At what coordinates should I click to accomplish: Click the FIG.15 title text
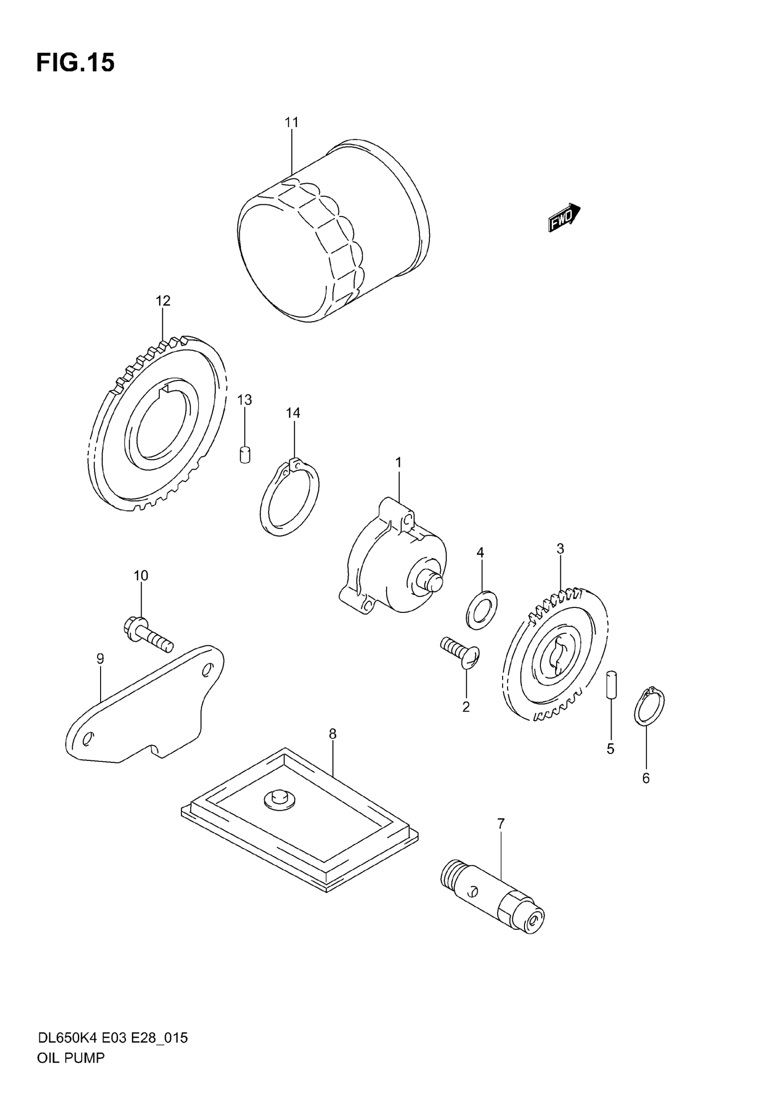tap(75, 62)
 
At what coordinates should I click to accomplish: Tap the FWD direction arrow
tap(564, 218)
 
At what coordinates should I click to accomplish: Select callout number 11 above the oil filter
tap(291, 123)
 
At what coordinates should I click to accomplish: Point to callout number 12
tap(163, 301)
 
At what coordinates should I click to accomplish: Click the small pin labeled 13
tap(244, 454)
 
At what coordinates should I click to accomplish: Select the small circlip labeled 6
tap(649, 706)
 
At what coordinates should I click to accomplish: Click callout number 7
tap(500, 823)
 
